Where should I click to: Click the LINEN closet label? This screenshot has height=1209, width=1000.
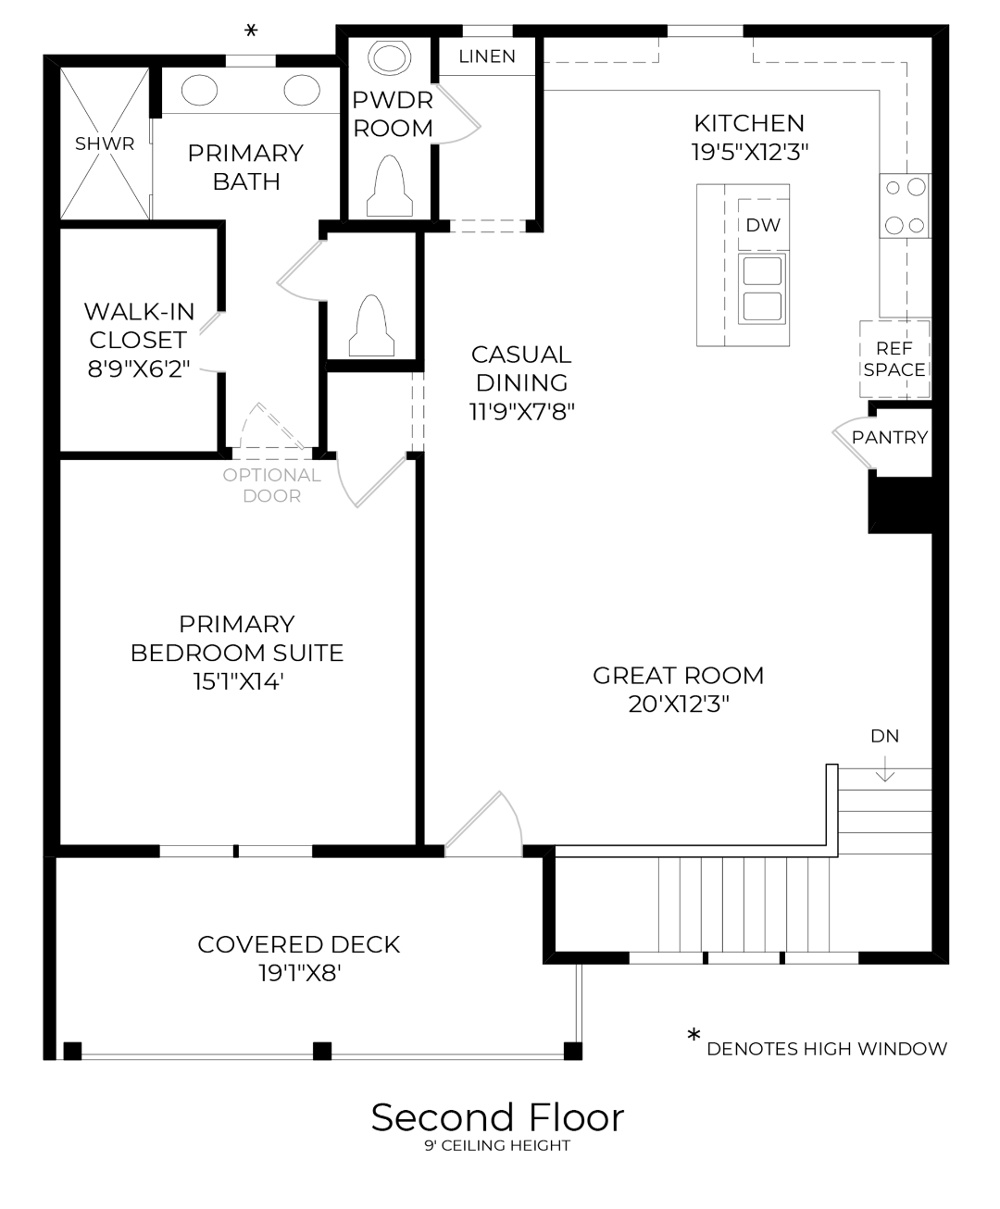(487, 56)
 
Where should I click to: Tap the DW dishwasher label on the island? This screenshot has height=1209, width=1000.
(763, 225)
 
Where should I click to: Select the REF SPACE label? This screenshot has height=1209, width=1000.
(894, 359)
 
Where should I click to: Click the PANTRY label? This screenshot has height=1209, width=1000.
(890, 437)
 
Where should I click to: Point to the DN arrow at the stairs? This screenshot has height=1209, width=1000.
(885, 767)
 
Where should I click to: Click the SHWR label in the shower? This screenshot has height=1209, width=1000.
(105, 143)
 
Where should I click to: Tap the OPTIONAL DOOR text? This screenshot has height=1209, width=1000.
(271, 485)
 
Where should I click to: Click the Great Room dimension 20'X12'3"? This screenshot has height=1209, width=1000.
(679, 704)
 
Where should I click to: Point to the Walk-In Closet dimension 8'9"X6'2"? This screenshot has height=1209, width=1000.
(139, 368)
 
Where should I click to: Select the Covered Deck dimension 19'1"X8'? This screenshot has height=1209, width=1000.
(300, 973)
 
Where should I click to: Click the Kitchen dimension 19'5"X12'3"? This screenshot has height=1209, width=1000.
(749, 152)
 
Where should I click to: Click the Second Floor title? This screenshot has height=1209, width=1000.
(498, 1117)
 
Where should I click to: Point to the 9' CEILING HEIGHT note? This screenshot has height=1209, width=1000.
(498, 1146)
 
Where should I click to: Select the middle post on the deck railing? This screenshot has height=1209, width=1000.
(321, 1051)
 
